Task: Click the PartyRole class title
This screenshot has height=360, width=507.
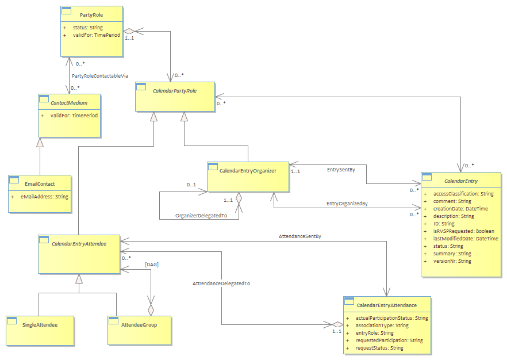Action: pyautogui.click(x=91, y=15)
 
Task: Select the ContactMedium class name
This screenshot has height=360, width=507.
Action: pyautogui.click(x=69, y=103)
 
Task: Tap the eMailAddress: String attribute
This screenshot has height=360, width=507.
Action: pyautogui.click(x=44, y=197)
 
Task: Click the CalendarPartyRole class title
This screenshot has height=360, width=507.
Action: pyautogui.click(x=175, y=91)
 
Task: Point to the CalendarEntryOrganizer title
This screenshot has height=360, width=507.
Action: pyautogui.click(x=248, y=171)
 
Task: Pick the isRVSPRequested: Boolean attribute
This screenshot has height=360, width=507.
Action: pyautogui.click(x=464, y=231)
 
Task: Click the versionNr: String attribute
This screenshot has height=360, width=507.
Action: pyautogui.click(x=452, y=261)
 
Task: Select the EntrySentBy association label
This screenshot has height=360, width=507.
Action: pyautogui.click(x=341, y=170)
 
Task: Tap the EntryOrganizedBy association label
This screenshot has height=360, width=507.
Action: pyautogui.click(x=347, y=204)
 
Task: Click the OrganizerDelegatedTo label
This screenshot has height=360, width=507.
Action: pyautogui.click(x=201, y=216)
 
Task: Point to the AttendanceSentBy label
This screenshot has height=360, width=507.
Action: pyautogui.click(x=299, y=236)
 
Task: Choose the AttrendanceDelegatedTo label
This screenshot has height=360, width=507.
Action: pyautogui.click(x=221, y=284)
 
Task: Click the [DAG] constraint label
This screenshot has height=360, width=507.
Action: pyautogui.click(x=152, y=265)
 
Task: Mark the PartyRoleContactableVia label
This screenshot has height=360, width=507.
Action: pyautogui.click(x=100, y=76)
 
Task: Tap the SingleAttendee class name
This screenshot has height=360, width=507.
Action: pyautogui.click(x=40, y=325)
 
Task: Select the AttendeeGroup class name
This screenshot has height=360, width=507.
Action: pyautogui.click(x=139, y=325)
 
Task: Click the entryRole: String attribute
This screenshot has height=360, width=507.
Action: pyautogui.click(x=374, y=333)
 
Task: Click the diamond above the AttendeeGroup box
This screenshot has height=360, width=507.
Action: pyautogui.click(x=151, y=310)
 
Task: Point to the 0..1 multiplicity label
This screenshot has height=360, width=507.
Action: pyautogui.click(x=191, y=185)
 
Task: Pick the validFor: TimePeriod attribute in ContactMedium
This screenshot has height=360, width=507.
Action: pyautogui.click(x=74, y=116)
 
